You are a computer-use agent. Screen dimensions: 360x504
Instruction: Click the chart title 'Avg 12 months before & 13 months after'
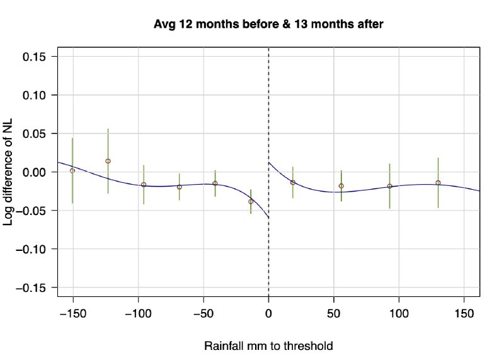[269, 25]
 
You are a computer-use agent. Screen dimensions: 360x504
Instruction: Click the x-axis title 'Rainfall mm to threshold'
[268, 346]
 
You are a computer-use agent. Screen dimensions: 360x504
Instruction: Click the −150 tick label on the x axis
[72, 313]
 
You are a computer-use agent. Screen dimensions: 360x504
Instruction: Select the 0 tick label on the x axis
[269, 313]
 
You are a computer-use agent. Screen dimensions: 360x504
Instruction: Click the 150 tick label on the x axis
[464, 313]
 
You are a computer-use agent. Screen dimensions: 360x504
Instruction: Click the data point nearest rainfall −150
[72, 170]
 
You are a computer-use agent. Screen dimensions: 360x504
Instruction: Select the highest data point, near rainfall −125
[108, 161]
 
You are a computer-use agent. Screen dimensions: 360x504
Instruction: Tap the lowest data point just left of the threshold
[251, 202]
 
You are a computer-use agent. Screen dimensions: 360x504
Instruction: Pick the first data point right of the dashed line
[293, 182]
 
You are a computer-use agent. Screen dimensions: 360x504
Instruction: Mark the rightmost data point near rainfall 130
[438, 183]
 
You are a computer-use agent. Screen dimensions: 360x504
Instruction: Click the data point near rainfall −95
[144, 185]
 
